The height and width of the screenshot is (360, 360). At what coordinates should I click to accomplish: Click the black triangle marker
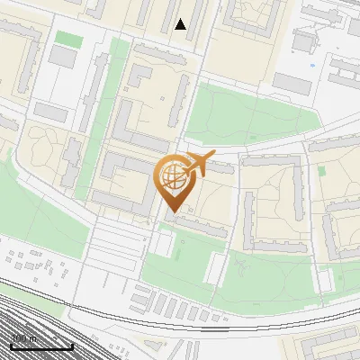click(x=181, y=24)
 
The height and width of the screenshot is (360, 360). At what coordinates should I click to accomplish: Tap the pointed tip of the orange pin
click(x=171, y=211)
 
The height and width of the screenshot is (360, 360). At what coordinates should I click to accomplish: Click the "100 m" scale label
click(x=23, y=339)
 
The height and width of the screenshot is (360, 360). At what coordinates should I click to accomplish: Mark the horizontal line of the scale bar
click(x=41, y=346)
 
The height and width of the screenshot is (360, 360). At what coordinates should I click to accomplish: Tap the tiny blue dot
click(x=313, y=65)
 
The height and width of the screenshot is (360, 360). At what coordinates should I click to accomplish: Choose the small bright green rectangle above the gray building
click(x=67, y=39)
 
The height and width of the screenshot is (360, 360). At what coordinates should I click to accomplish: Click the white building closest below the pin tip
click(x=163, y=243)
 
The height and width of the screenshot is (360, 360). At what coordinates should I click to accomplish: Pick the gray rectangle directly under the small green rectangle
click(x=63, y=57)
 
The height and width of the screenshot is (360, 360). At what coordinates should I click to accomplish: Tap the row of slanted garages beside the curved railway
click(x=180, y=306)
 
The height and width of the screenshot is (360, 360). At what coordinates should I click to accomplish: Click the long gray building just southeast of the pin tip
click(x=202, y=226)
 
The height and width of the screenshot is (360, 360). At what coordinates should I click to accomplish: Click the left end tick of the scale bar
click(x=11, y=346)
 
